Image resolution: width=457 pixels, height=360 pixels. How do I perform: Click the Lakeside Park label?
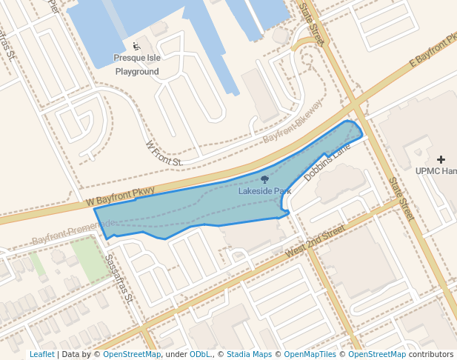tap(264, 191)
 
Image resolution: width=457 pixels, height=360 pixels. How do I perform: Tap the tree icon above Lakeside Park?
tap(264, 179)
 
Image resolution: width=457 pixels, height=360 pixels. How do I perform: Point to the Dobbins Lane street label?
tap(327, 163)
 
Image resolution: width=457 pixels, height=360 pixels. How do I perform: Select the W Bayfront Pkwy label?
tap(120, 196)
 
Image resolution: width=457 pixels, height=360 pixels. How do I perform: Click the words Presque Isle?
tap(136, 58)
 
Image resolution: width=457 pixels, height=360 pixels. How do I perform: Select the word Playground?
tap(137, 72)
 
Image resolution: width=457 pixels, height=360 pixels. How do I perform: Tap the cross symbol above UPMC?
tap(441, 159)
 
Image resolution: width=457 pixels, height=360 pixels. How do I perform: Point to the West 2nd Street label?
tap(315, 242)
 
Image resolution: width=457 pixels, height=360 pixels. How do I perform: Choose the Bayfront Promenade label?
tap(73, 233)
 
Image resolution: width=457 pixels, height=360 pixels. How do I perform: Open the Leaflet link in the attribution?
tap(41, 354)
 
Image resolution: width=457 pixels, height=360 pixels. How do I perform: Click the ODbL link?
tap(199, 354)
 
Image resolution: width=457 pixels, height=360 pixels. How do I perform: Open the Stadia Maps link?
tap(249, 354)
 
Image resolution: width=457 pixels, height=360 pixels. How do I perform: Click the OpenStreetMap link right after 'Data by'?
tap(132, 354)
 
